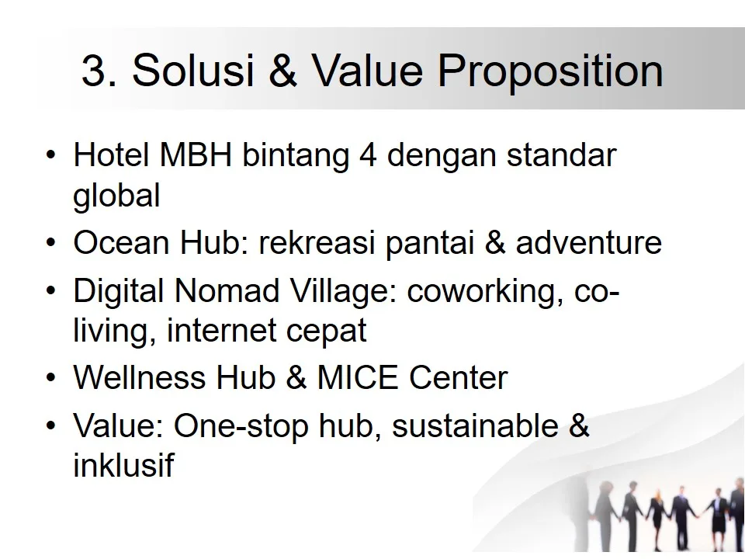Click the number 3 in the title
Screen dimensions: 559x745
(x=93, y=71)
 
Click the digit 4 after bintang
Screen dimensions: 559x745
(x=368, y=155)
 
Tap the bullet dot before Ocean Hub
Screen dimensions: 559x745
(x=50, y=244)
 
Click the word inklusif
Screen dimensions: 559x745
(x=123, y=467)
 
